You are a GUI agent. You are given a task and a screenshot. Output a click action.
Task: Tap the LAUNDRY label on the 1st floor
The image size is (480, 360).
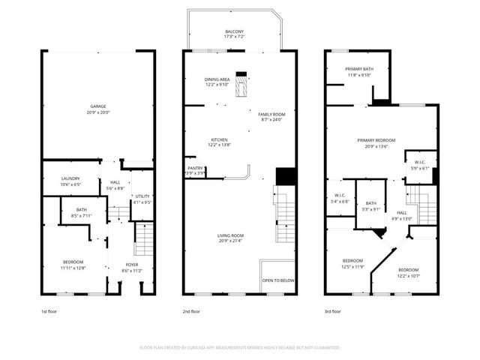(70, 178)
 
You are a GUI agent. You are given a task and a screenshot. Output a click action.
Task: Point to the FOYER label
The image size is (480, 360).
(131, 264)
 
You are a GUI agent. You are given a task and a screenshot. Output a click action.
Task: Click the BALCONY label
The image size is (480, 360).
(234, 31)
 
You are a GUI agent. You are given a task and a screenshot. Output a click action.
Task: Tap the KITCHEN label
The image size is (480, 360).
(219, 139)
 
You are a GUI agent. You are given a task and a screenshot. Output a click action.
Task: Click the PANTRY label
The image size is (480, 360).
(194, 169)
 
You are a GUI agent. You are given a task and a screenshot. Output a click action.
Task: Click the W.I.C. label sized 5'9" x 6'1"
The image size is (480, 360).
(419, 163)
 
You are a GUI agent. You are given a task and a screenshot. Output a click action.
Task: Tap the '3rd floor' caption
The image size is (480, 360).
(334, 310)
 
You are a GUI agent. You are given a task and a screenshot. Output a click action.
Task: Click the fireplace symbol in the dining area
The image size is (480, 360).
(241, 84)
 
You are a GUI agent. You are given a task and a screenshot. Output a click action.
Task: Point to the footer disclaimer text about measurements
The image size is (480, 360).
(240, 348)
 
